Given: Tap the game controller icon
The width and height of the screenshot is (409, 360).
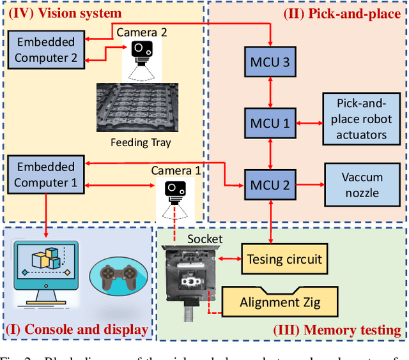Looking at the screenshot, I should [120, 275].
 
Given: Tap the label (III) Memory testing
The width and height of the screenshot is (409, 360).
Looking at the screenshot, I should [337, 330].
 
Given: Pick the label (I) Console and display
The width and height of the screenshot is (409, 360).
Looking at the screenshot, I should [77, 330].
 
